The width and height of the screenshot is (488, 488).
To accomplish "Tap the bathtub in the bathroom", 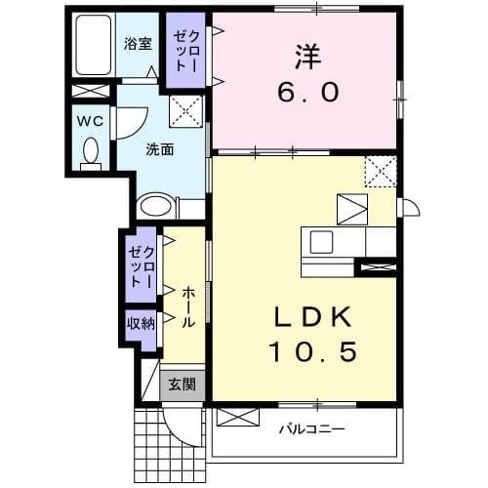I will click(x=94, y=45).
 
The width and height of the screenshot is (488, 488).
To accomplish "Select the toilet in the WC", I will click(x=91, y=151).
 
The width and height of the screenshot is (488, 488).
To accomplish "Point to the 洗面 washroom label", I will click(x=160, y=149).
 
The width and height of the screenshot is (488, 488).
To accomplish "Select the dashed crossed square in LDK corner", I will click(x=380, y=172).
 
